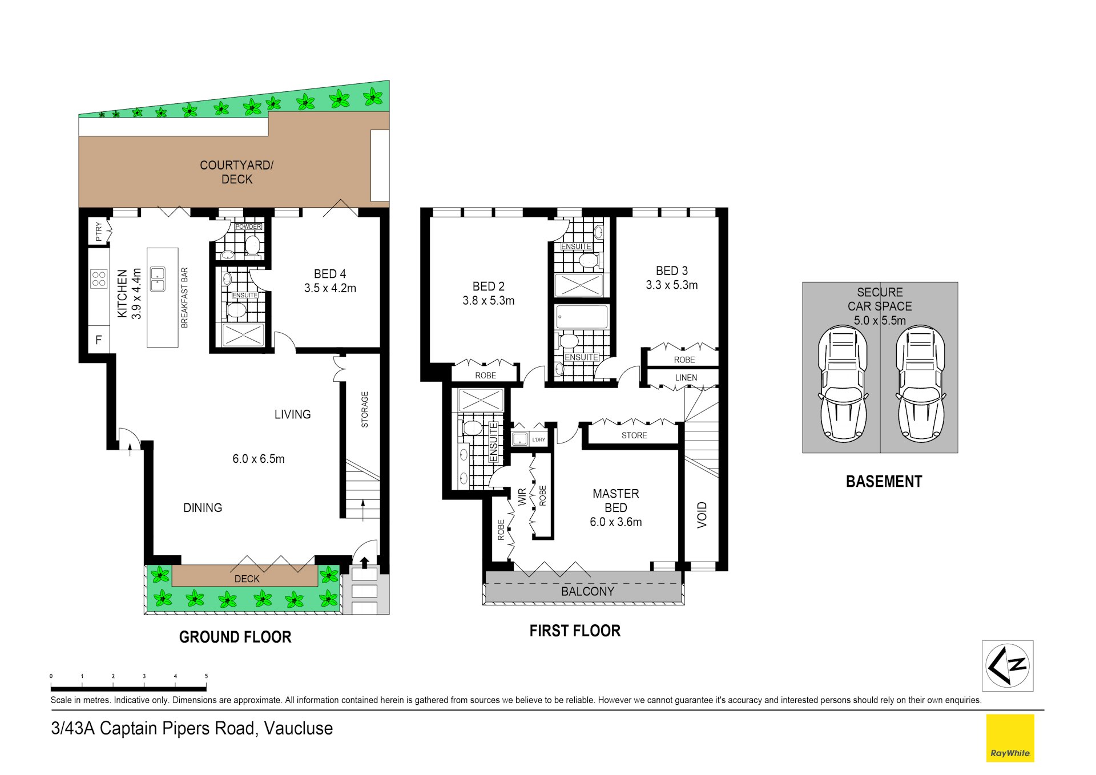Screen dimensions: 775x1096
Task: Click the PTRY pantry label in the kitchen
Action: [x=99, y=231]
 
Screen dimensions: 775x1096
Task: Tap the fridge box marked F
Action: [x=99, y=340]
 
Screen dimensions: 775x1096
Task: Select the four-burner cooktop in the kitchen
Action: [x=99, y=279]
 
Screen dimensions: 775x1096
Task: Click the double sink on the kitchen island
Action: [x=158, y=279]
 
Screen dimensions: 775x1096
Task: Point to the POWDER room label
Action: [x=248, y=227]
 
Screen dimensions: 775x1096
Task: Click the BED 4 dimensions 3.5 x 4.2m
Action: [x=330, y=289]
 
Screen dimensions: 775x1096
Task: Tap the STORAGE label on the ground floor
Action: [x=365, y=410]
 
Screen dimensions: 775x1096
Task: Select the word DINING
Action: [x=203, y=508]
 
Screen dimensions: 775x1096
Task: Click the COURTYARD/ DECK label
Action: [x=236, y=172]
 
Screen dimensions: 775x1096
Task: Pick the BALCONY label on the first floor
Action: [x=587, y=592]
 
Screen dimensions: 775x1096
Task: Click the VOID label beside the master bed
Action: [x=702, y=515]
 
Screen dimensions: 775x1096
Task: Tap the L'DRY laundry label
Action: [x=538, y=440]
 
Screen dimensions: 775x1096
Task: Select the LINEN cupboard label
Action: [x=686, y=378]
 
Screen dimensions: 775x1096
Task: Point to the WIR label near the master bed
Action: [x=522, y=497]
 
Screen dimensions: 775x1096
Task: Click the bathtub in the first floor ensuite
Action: [x=581, y=317]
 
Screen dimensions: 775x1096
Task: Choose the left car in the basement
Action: [x=843, y=384]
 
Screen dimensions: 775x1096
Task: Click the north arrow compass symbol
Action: [x=1008, y=665]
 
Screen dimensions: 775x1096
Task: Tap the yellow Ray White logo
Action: [x=1010, y=738]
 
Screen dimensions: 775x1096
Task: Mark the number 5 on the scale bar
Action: [x=206, y=676]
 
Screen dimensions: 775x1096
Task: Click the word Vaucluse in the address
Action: [x=298, y=729]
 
